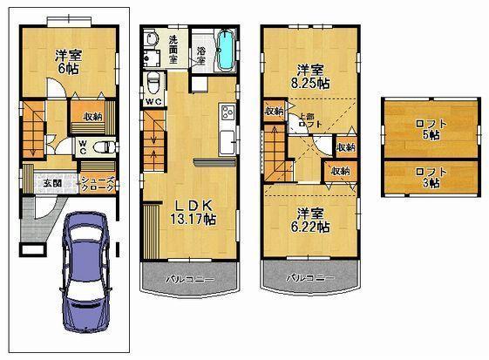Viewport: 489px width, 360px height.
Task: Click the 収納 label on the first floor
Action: pyautogui.click(x=93, y=116)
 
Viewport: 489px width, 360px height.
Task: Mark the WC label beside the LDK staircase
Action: pyautogui.click(x=154, y=102)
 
